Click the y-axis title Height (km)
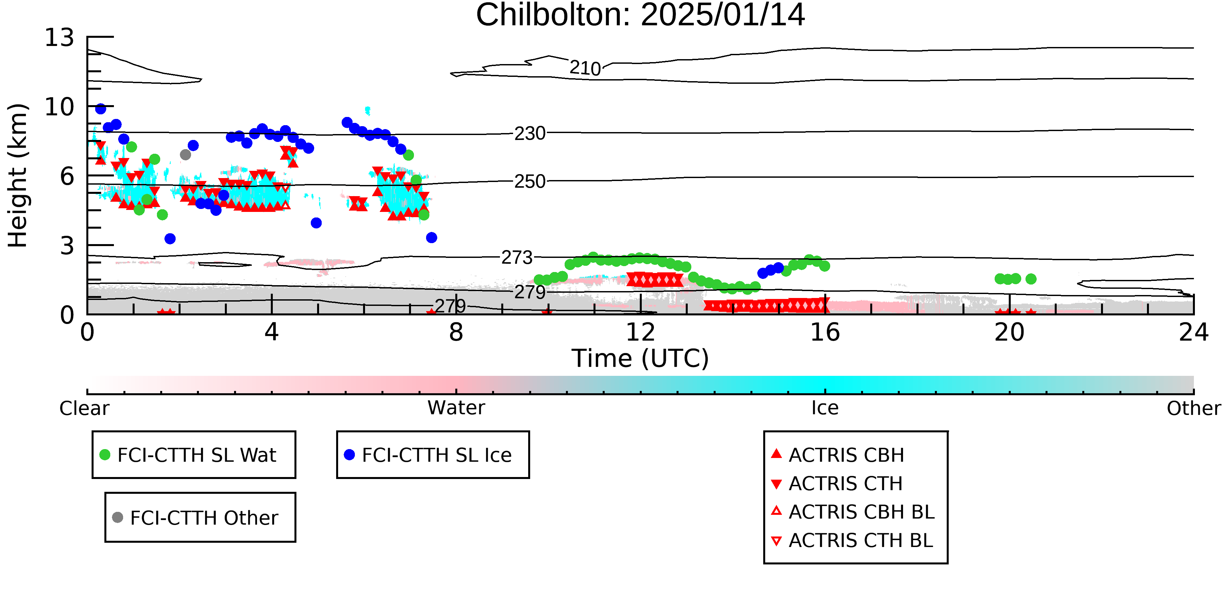(18, 175)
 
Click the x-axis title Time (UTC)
(640, 358)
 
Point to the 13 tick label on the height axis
(59, 37)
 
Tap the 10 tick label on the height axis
(59, 107)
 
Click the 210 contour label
(585, 68)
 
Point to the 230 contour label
(529, 133)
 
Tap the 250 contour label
(529, 182)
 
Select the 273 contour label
(517, 258)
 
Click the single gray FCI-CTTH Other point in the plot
(185, 154)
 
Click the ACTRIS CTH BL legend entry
(852, 540)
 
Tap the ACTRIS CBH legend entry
(838, 455)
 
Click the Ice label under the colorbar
(825, 408)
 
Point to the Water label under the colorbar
(456, 408)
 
